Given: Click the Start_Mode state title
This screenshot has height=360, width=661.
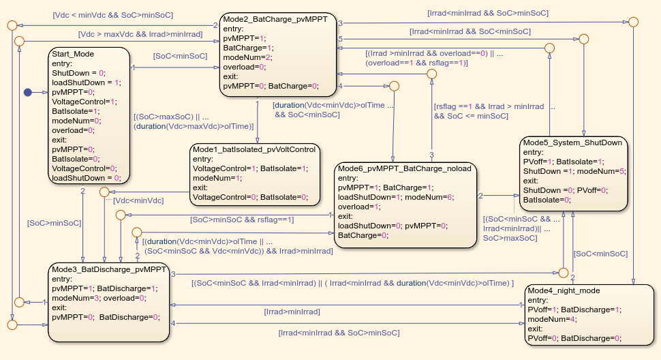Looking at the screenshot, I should point(73,54).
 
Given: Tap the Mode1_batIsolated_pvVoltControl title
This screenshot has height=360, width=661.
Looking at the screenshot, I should point(255,149).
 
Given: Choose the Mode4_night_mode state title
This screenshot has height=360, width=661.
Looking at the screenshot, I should point(564,290).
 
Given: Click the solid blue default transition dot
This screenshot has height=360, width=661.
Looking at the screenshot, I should point(28,92).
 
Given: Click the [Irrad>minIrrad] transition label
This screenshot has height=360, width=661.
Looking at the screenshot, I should point(292,312).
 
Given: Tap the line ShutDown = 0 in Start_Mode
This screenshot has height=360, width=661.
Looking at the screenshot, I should point(78,72).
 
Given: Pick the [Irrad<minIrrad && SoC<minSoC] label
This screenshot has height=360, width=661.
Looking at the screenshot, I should point(470,31).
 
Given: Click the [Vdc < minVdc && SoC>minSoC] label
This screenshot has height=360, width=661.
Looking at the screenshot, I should point(112,14).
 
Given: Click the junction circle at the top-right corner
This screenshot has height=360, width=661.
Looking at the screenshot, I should point(633,22).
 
